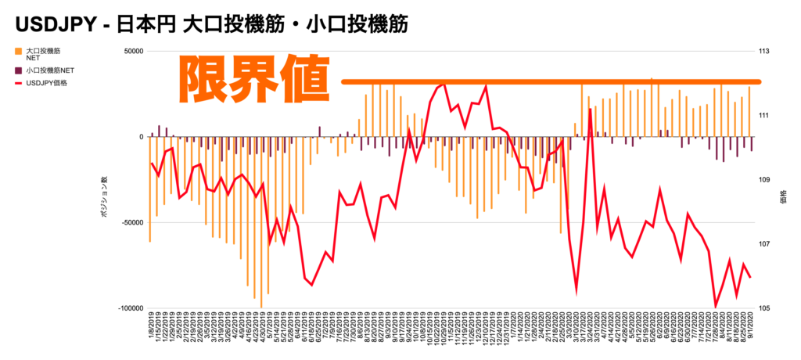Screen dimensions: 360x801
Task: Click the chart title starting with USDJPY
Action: [x=211, y=23]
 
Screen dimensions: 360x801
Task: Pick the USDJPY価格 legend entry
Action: [x=52, y=82]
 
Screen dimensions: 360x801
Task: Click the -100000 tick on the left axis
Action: [x=128, y=308]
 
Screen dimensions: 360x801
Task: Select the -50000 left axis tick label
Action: [x=131, y=222]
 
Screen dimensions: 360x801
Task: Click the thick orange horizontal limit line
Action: [x=548, y=81]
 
